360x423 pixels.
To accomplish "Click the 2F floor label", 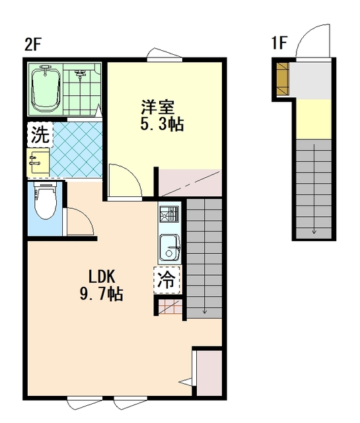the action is [x=32, y=44].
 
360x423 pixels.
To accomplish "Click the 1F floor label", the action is [x=279, y=43].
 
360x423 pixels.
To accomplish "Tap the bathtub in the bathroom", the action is [x=46, y=89].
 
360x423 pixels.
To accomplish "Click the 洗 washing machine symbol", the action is [x=40, y=135].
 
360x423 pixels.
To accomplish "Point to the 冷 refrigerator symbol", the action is [x=166, y=280].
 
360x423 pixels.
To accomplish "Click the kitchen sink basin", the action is [x=170, y=249].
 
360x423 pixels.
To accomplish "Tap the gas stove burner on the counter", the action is [x=169, y=214].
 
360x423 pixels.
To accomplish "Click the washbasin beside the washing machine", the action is [x=38, y=161].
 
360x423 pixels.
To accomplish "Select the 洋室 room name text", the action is [x=158, y=108].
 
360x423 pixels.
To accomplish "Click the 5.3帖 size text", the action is [x=162, y=124].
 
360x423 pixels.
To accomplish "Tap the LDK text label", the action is [x=102, y=276].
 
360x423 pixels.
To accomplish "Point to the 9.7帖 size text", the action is [x=101, y=293].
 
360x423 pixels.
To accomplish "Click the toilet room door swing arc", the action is [x=86, y=216].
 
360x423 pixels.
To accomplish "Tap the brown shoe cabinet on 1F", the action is [x=283, y=79].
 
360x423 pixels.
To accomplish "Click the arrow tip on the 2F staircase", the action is [x=205, y=313].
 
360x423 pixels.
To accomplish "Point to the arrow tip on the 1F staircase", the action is [x=314, y=233].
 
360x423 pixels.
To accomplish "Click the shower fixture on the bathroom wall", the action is [x=80, y=73].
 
